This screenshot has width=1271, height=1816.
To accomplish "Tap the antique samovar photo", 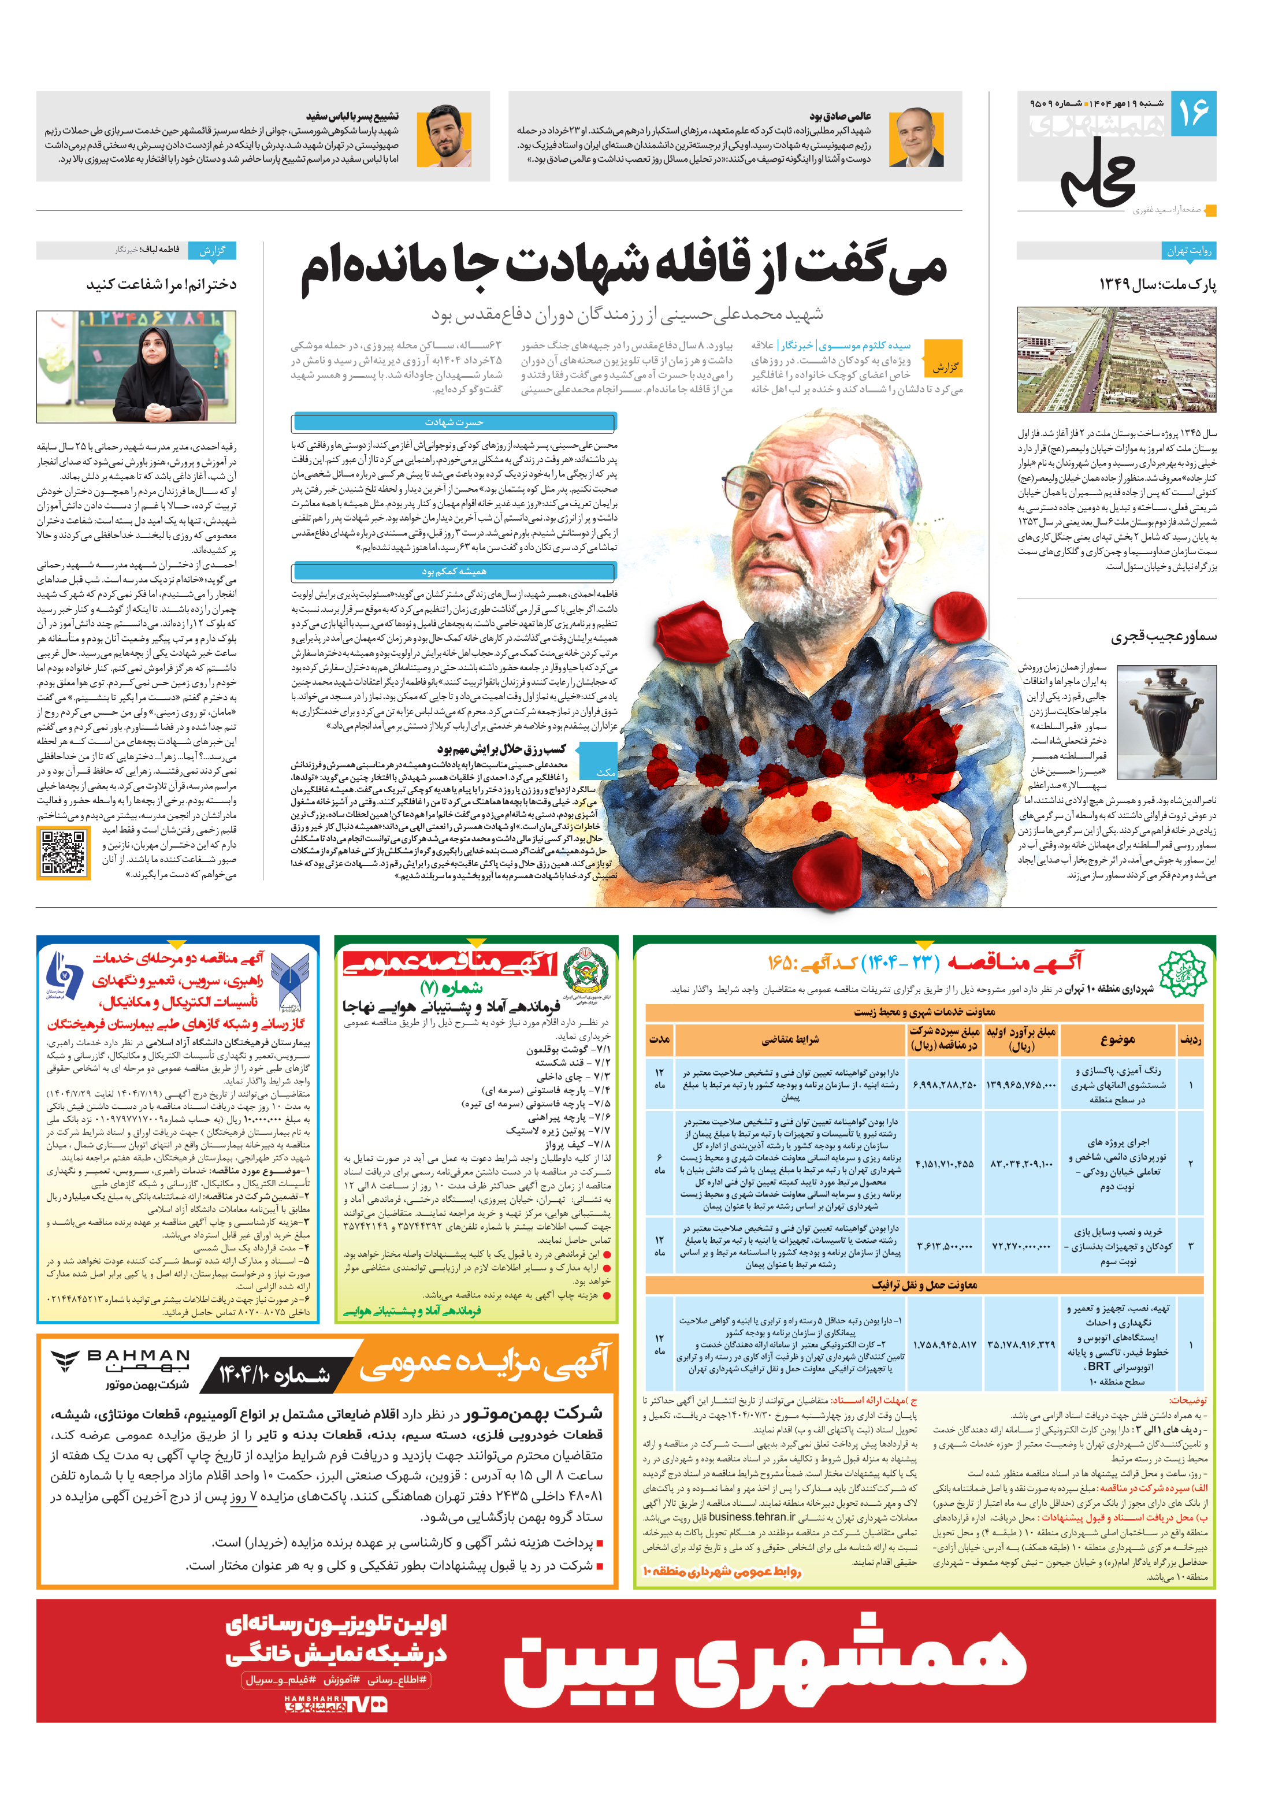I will tap(1166, 721).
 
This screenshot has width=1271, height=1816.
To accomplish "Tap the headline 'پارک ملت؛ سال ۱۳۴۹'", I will tap(1157, 285).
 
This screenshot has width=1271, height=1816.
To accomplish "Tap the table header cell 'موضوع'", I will tap(1117, 1039).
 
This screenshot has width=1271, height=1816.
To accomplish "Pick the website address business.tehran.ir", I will tap(752, 1516).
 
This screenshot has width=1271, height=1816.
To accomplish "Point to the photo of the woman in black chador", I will tap(136, 367).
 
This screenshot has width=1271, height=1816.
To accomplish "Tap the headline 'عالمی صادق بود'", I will tap(839, 116).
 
